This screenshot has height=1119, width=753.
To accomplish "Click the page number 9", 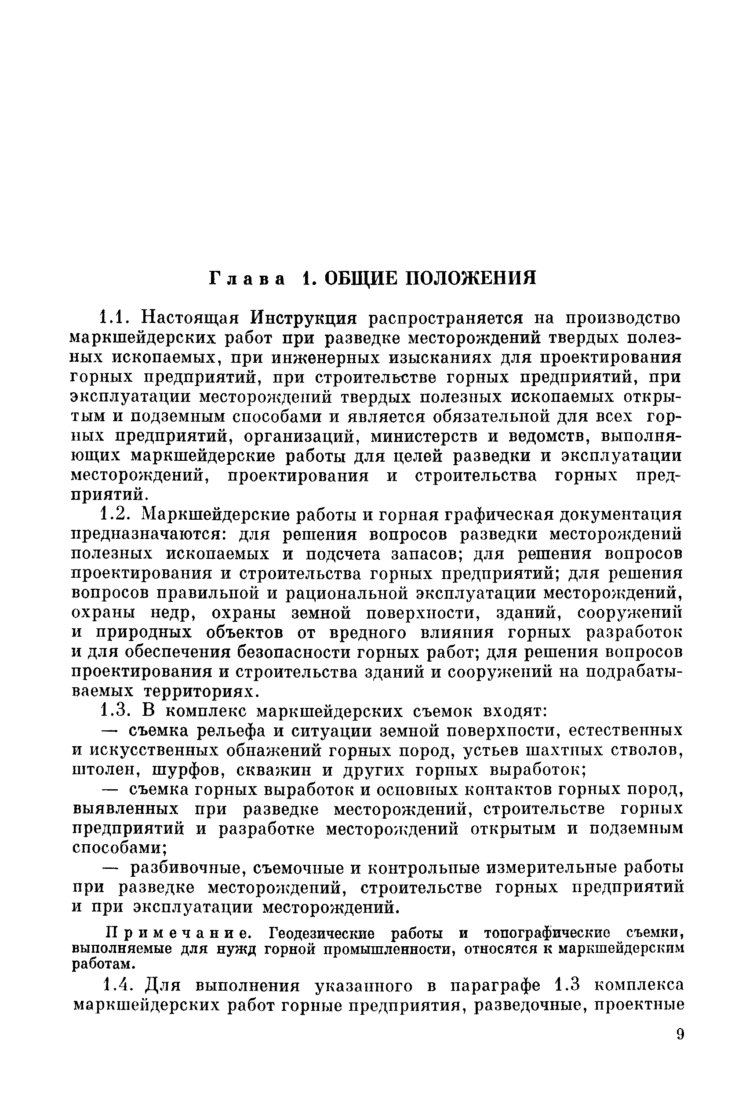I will click(680, 1034).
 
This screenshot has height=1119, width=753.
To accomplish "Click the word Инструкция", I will click(305, 318).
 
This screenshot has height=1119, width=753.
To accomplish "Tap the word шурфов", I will click(184, 770).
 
